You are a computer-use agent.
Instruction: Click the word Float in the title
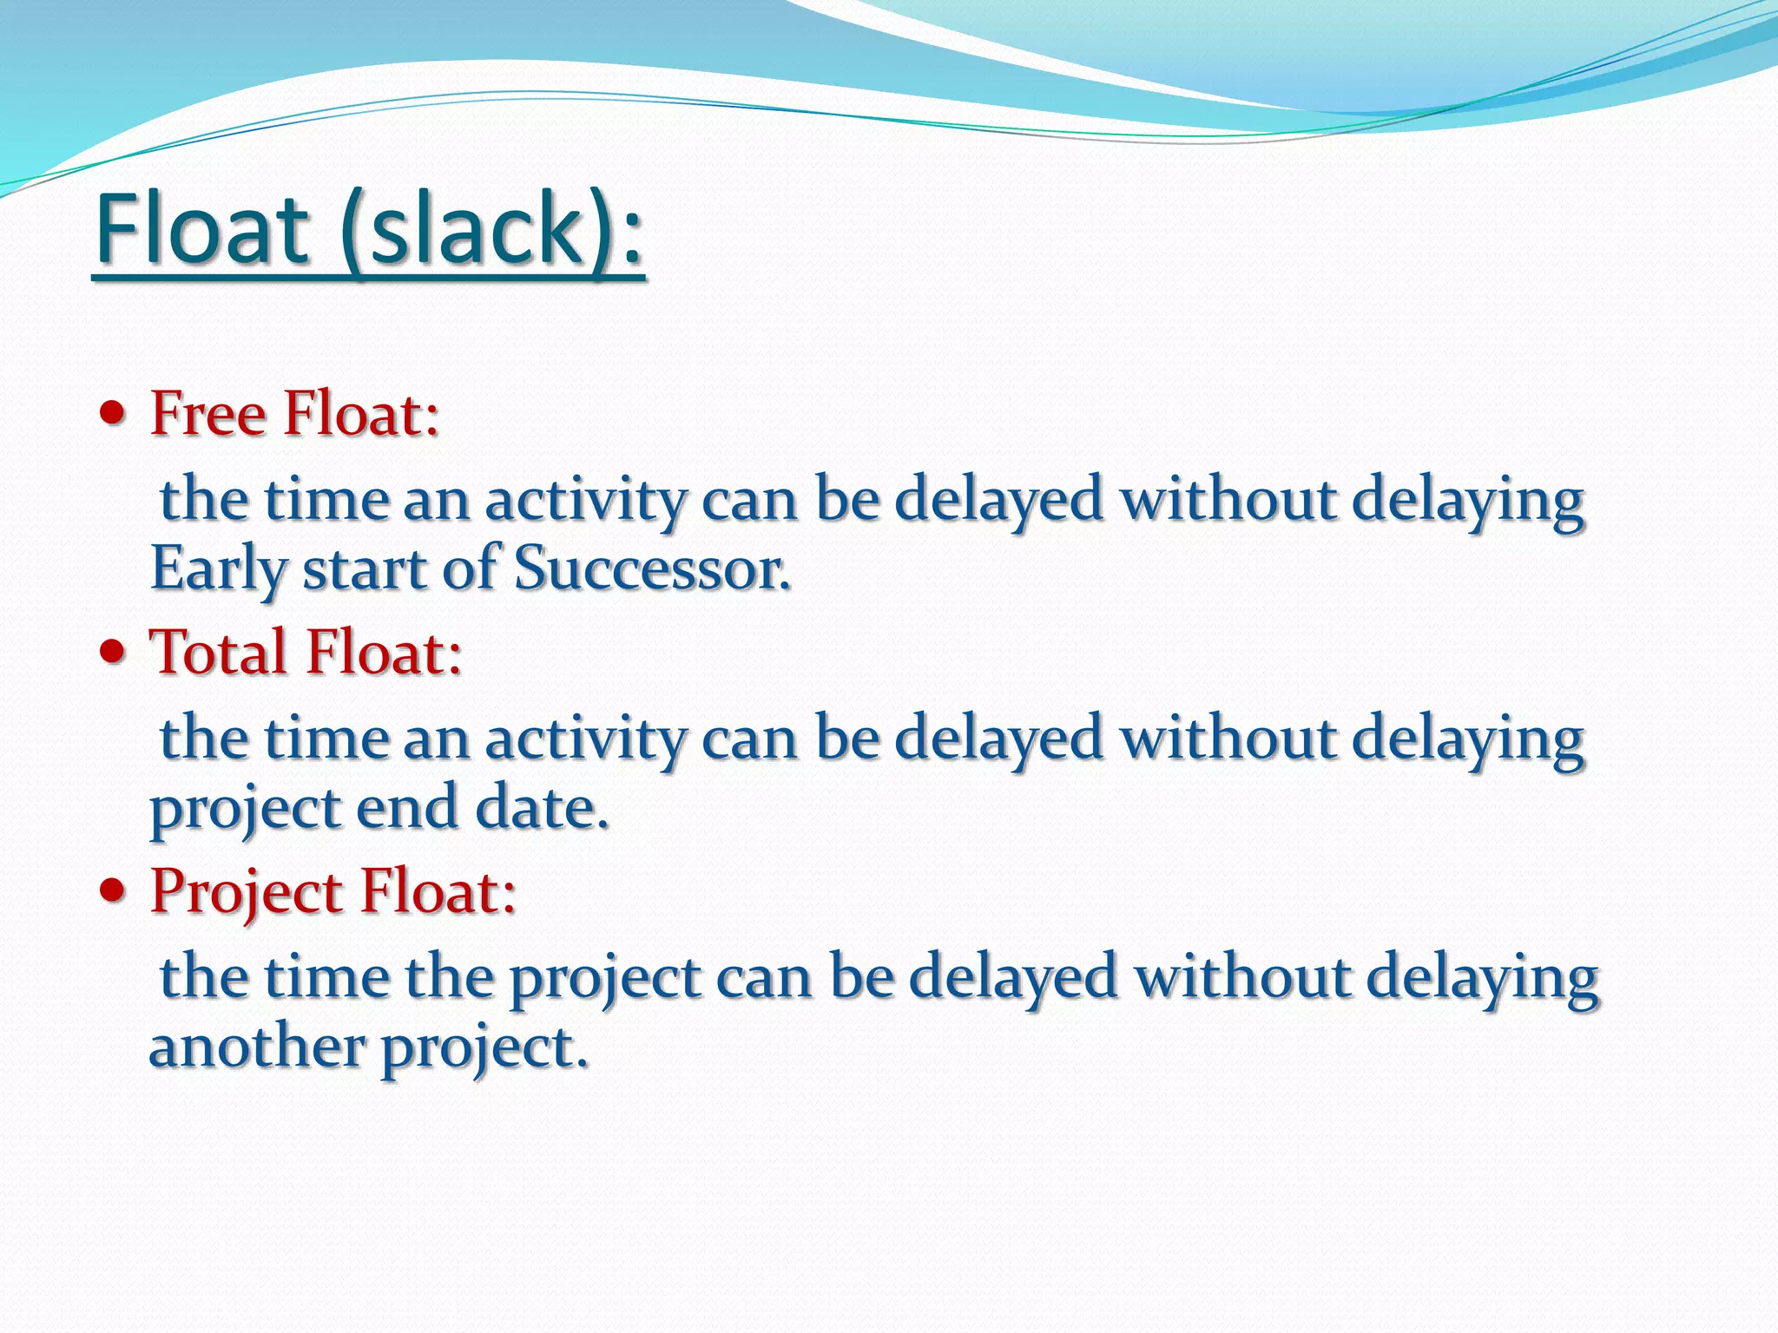(x=201, y=230)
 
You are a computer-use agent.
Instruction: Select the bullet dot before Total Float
(x=113, y=652)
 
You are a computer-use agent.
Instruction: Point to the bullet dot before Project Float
(x=113, y=890)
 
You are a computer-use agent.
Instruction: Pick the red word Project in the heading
(x=247, y=892)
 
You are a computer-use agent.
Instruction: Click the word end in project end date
(x=406, y=808)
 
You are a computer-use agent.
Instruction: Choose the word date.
(x=542, y=808)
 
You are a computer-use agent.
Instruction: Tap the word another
(x=256, y=1047)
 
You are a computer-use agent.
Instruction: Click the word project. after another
(x=485, y=1048)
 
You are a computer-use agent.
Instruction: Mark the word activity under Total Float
(x=585, y=740)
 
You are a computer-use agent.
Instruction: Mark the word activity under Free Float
(x=585, y=502)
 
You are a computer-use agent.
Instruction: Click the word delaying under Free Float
(x=1468, y=502)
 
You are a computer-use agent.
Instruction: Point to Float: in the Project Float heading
(x=438, y=892)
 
